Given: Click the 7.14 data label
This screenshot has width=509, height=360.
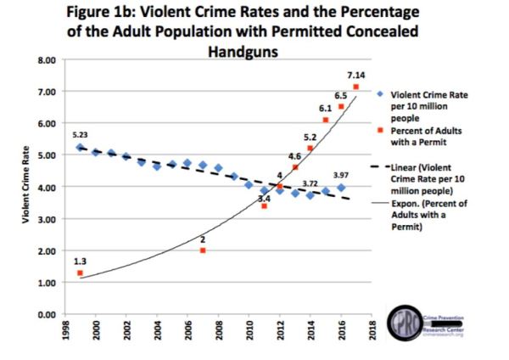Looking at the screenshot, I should [355, 76].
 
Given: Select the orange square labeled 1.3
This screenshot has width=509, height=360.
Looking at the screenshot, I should [81, 273].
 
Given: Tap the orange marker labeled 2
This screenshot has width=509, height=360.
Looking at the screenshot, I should [203, 251].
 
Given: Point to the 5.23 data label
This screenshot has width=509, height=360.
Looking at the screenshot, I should [80, 134].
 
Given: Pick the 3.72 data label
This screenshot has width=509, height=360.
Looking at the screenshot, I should [310, 183].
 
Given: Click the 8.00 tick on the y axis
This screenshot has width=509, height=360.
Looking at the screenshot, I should [45, 60].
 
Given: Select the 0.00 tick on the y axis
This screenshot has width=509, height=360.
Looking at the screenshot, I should [45, 315].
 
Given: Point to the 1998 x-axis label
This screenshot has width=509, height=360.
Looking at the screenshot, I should [65, 332].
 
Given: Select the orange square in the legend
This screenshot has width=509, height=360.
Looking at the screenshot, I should [382, 132].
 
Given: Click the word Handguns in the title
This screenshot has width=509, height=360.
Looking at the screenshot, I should [242, 50].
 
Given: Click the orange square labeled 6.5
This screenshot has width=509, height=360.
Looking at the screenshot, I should [341, 107].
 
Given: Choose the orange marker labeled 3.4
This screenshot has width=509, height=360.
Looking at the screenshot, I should [264, 206].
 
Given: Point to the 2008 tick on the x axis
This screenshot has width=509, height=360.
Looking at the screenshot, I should [219, 332].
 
